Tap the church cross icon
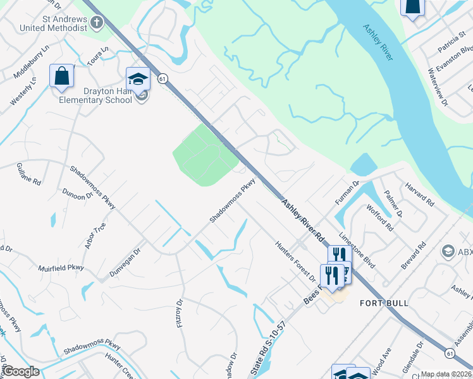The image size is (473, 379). click(96, 23)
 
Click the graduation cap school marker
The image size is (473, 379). click(138, 79)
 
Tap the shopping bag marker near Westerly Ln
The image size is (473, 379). click(63, 76)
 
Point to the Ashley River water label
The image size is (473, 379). click(378, 43)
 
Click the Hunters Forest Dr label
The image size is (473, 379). click(295, 261)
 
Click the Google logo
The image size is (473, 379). click(21, 372)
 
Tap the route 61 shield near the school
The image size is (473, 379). click(163, 78)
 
